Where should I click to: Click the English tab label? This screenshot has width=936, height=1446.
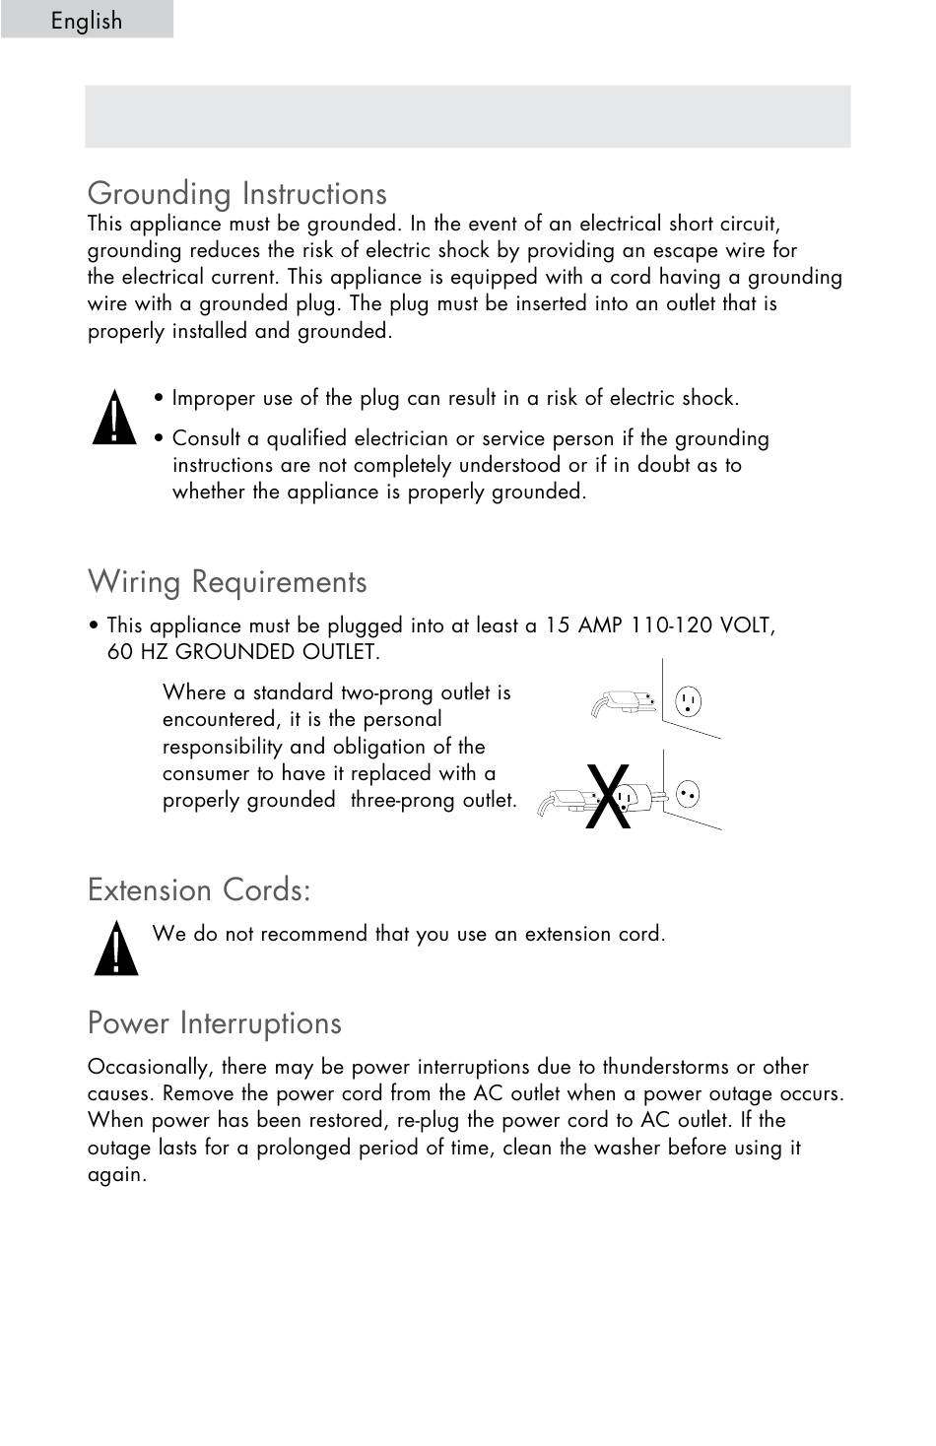click(87, 21)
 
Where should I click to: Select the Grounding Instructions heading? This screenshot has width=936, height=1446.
click(236, 193)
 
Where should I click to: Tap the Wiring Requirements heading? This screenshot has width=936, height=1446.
click(227, 581)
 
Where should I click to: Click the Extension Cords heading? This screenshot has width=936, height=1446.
click(199, 889)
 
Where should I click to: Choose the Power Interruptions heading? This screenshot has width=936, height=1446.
click(214, 1022)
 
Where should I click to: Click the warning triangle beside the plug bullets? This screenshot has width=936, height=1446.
click(115, 419)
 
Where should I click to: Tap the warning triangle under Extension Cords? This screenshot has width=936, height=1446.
click(116, 949)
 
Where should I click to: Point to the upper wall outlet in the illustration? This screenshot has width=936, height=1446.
click(688, 702)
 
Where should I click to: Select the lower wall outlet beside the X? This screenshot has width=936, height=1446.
click(689, 793)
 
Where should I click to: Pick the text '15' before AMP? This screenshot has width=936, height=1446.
click(558, 625)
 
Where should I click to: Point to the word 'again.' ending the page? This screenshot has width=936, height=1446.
click(117, 1174)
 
